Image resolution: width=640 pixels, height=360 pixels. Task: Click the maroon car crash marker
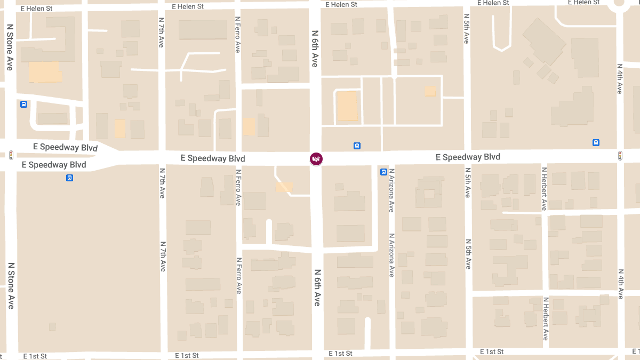point(316,158)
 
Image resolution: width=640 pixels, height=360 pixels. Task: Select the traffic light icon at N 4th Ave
point(620,156)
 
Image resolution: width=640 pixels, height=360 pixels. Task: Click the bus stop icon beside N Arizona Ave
point(383,172)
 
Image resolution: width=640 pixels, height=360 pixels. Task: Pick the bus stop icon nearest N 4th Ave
point(596,142)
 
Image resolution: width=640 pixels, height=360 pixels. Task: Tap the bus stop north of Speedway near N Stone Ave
point(23,104)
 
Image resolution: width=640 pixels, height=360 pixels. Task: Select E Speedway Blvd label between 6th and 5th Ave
point(468,157)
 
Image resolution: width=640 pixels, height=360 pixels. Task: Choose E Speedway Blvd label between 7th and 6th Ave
point(213,158)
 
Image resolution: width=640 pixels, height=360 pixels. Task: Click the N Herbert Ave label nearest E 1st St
point(545,319)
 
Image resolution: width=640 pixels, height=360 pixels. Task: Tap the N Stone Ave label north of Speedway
point(10,47)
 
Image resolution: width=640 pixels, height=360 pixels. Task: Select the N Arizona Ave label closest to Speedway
point(391,190)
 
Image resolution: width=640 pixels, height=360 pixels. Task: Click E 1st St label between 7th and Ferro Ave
point(187,355)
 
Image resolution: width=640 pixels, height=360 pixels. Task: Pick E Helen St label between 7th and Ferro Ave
point(188,6)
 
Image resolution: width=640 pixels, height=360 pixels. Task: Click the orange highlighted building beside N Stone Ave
point(45,72)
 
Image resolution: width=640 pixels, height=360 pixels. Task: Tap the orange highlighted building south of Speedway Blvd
point(284,187)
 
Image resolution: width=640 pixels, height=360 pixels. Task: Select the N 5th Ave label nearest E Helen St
point(466,30)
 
